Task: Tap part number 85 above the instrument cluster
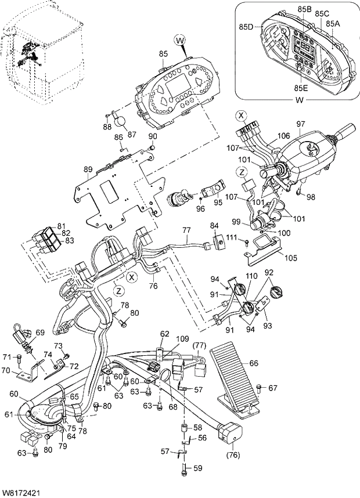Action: (163, 54)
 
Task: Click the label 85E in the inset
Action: (301, 88)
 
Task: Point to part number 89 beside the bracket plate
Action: (88, 169)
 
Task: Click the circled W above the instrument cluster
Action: (181, 40)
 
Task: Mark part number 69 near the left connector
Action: (39, 332)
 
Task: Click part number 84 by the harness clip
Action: (214, 225)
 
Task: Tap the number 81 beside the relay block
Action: (62, 226)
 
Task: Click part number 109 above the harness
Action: (182, 338)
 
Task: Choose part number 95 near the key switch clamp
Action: (217, 203)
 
